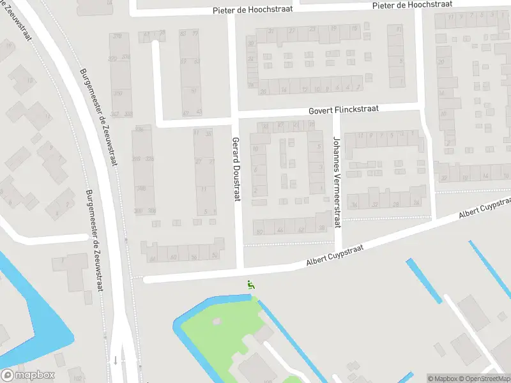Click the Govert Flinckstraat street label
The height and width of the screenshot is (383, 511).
[344, 109]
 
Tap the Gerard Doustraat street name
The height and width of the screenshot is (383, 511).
[236, 169]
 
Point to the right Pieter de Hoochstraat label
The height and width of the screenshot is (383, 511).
[413, 5]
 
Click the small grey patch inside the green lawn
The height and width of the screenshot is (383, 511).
[216, 321]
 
